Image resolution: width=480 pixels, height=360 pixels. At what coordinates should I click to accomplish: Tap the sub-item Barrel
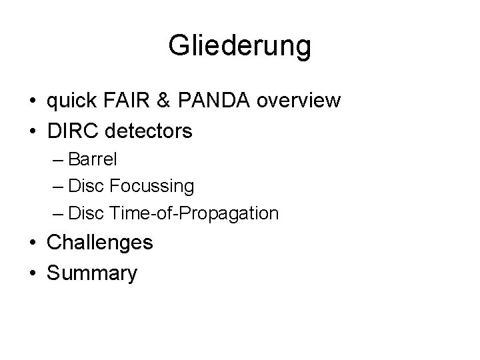click(x=93, y=160)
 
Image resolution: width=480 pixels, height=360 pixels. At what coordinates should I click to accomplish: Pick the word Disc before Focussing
click(x=85, y=187)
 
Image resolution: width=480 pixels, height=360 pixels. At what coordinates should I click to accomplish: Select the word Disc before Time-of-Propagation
click(x=85, y=213)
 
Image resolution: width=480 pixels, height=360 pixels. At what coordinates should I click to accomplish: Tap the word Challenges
click(x=100, y=243)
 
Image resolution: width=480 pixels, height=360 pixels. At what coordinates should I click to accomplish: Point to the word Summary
click(x=92, y=273)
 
